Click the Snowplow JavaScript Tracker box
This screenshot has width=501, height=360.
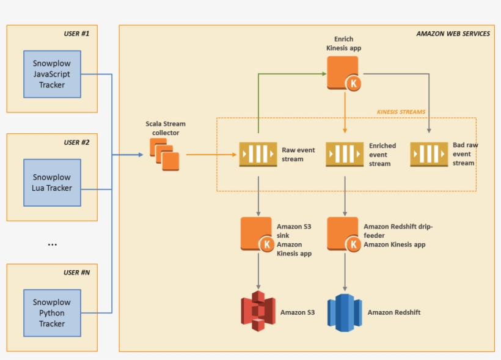(52, 75)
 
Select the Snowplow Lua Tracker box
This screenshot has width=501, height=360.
(52, 183)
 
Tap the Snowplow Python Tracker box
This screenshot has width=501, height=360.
(52, 313)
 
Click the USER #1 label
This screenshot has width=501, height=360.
(76, 34)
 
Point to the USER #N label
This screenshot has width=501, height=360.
(76, 272)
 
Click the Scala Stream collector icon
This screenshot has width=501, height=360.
(165, 155)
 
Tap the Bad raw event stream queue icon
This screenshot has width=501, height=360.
(429, 154)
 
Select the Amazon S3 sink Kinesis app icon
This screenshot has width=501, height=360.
(257, 233)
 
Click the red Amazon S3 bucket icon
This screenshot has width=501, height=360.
(258, 312)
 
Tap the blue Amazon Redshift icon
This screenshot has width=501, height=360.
(345, 312)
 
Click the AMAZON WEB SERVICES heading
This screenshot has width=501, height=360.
(453, 34)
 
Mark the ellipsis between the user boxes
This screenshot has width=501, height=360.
(52, 244)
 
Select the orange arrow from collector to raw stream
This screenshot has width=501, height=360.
(211, 155)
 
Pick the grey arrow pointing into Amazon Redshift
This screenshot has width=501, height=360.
(345, 272)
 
